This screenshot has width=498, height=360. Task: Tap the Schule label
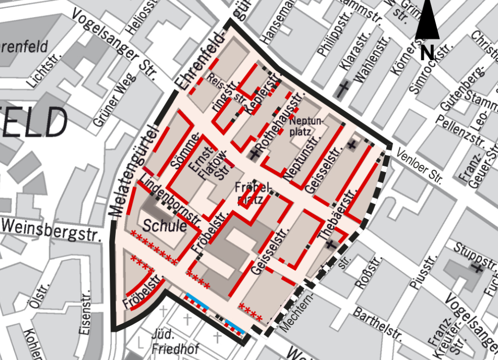(165, 226)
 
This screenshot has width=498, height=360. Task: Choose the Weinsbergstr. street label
(51, 230)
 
